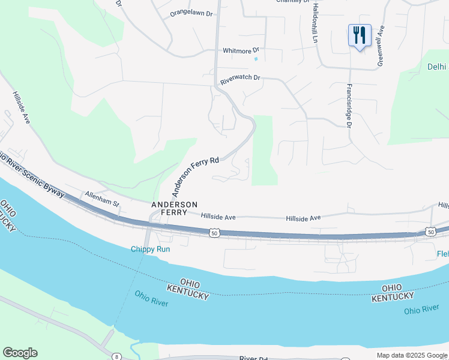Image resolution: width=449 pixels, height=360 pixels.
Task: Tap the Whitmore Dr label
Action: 240,51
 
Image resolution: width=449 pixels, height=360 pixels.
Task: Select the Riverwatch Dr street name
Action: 240,78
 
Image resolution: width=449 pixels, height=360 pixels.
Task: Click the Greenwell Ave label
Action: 381,46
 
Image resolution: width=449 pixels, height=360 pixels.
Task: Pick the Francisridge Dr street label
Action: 348,105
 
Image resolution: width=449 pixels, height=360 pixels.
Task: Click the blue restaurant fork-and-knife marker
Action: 360,35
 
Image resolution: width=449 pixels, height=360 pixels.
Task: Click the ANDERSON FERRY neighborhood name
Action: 174,209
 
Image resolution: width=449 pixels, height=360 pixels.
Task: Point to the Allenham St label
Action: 102,199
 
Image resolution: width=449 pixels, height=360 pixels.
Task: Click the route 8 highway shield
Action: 116,356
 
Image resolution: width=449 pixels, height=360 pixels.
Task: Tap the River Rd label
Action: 253,358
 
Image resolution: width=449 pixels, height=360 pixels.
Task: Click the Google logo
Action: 20,353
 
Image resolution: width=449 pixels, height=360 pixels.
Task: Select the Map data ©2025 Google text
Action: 412,355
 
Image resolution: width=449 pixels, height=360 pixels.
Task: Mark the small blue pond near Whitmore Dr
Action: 256,59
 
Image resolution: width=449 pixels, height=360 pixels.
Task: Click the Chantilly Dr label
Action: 292,1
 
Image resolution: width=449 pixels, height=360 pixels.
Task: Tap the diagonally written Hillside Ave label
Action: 20,109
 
